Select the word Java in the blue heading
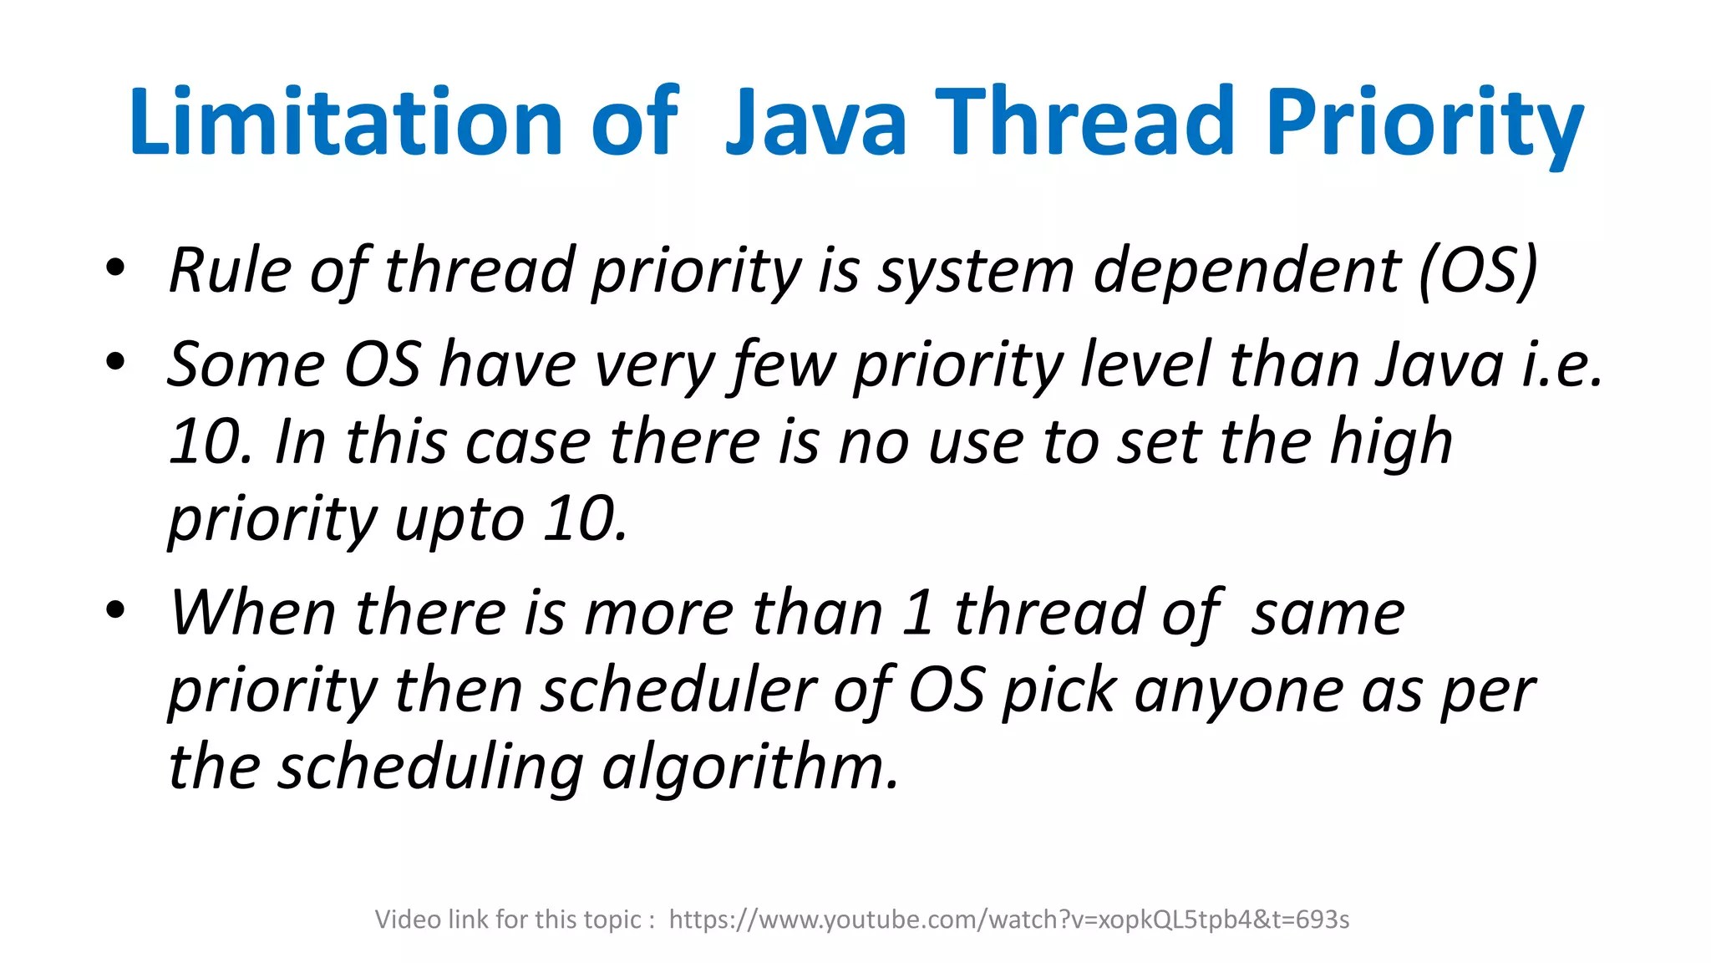coord(815,122)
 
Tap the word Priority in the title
coord(1424,122)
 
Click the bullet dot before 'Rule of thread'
coord(115,268)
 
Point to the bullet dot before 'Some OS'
coord(115,362)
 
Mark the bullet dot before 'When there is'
coord(115,610)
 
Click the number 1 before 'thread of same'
coord(917,613)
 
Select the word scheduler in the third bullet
coord(678,690)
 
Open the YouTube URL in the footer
coord(1008,920)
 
